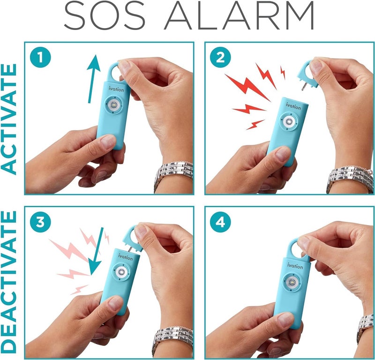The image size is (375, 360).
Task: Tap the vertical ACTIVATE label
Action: coord(10,118)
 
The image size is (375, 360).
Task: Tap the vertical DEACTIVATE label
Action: coord(10,281)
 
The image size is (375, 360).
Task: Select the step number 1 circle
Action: coord(40,59)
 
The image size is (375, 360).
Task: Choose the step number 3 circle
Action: coord(40,223)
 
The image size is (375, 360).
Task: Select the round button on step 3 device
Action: coord(121,273)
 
